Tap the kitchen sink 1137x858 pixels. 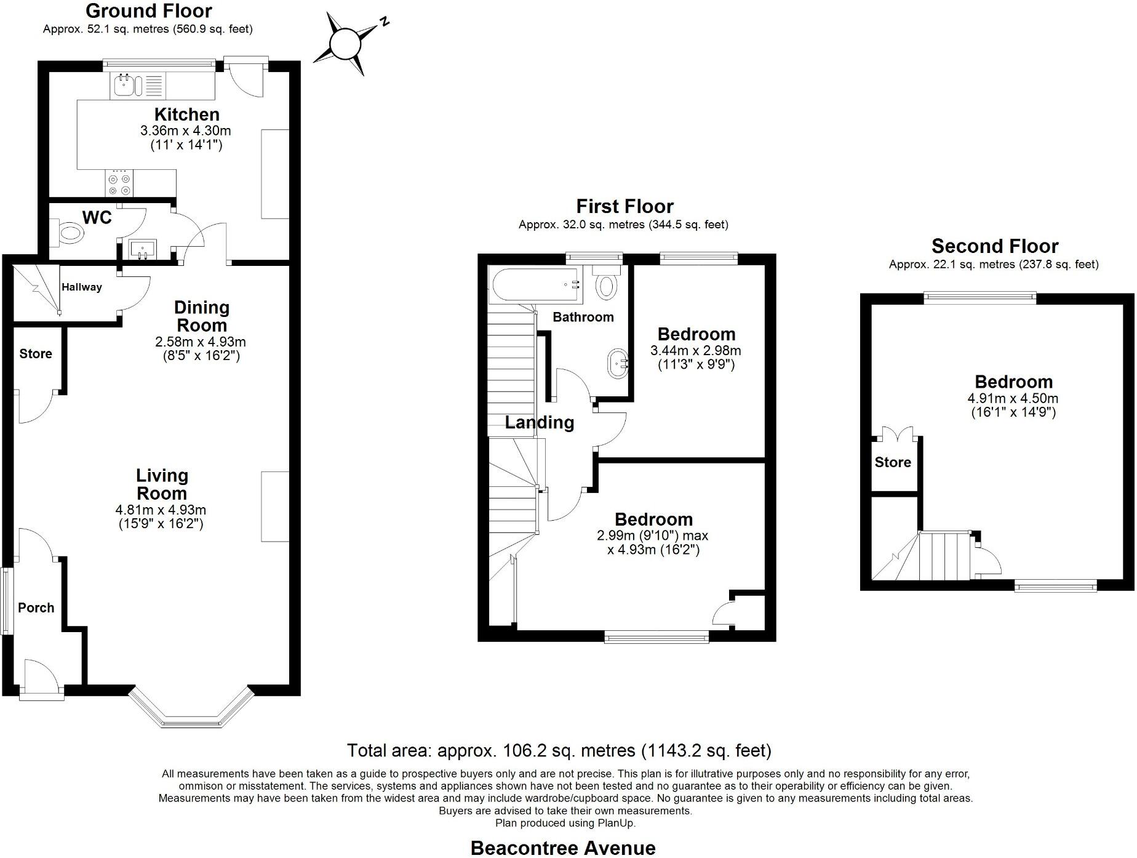[127, 86]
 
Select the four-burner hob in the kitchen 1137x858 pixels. [119, 184]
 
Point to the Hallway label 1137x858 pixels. [82, 287]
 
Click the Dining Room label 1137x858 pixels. [201, 316]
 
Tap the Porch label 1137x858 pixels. [36, 607]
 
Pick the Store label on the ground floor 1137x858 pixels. [36, 353]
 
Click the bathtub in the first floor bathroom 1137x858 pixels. [536, 286]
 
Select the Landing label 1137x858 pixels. [540, 422]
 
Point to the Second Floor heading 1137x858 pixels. [994, 246]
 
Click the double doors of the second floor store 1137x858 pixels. [896, 433]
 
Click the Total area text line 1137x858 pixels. [559, 750]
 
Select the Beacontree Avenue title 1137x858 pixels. [562, 848]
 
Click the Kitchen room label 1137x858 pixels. [186, 114]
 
